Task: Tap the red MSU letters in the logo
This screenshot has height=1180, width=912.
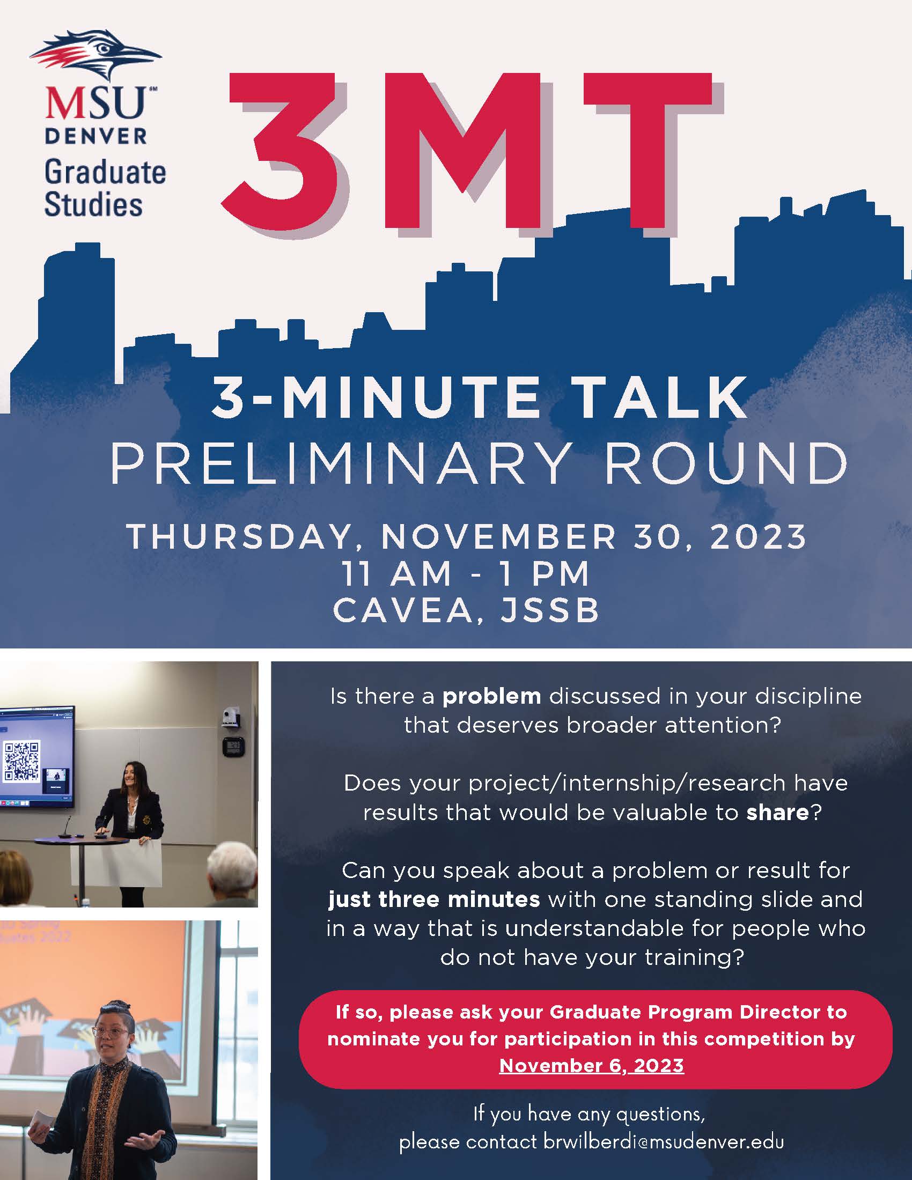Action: pyautogui.click(x=95, y=102)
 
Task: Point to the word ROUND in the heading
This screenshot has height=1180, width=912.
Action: pyautogui.click(x=726, y=463)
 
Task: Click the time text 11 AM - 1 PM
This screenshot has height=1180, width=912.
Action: pyautogui.click(x=466, y=573)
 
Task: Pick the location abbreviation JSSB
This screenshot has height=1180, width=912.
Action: pyautogui.click(x=550, y=610)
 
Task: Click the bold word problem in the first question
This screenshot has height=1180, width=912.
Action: pyautogui.click(x=491, y=697)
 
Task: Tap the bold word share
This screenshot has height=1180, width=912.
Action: pyautogui.click(x=777, y=813)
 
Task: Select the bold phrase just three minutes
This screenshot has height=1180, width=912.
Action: pyautogui.click(x=434, y=899)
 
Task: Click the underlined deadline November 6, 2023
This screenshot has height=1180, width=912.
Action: pyautogui.click(x=592, y=1066)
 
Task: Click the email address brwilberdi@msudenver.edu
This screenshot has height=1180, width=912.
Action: pyautogui.click(x=664, y=1142)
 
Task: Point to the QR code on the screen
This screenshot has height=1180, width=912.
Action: pyautogui.click(x=22, y=761)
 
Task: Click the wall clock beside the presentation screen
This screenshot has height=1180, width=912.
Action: pyautogui.click(x=234, y=747)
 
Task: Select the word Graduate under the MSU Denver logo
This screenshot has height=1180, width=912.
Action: pyautogui.click(x=105, y=172)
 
